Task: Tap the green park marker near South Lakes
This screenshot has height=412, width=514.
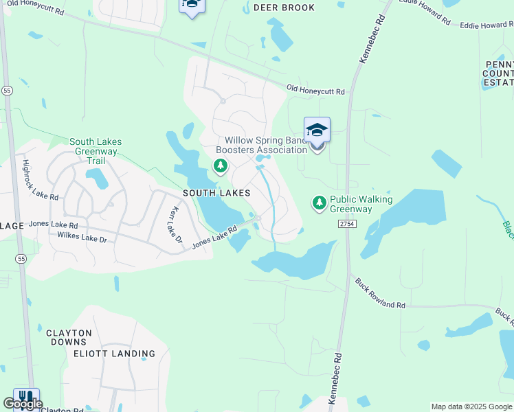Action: (x=221, y=165)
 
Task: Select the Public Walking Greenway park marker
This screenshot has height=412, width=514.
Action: (x=319, y=203)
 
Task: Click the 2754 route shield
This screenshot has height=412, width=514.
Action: (x=346, y=225)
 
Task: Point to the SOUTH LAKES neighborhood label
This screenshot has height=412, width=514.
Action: (x=216, y=194)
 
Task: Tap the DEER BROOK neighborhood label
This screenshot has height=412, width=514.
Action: (x=284, y=8)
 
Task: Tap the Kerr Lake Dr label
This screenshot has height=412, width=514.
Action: (x=175, y=225)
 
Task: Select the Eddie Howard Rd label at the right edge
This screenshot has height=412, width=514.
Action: (x=487, y=25)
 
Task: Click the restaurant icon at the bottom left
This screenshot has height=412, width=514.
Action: (x=26, y=398)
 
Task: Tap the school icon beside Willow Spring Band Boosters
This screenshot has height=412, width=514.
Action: (x=317, y=129)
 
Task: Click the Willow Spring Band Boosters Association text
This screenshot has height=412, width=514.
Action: (x=261, y=145)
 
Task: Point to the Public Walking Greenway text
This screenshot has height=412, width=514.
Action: (x=361, y=204)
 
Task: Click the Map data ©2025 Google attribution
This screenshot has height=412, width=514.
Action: (x=471, y=407)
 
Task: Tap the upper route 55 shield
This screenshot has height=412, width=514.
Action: (x=8, y=90)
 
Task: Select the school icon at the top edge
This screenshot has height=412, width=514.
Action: (x=192, y=5)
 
